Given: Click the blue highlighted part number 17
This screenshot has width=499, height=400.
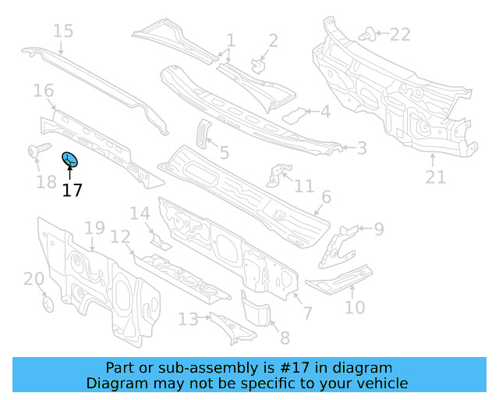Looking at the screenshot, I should (x=70, y=161).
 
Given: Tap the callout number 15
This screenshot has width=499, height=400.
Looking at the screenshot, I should (x=63, y=31).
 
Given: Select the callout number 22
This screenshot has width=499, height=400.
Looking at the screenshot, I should (x=399, y=34).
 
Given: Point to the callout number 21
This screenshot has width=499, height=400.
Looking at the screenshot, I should (x=435, y=177).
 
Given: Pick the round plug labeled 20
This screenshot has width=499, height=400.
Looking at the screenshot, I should (x=47, y=302).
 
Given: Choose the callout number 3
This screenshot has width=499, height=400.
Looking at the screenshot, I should (x=361, y=148).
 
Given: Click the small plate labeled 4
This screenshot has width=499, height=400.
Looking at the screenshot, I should (x=294, y=116).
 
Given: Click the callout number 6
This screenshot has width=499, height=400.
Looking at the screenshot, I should (x=326, y=197).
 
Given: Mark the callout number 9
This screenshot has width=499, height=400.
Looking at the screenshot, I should (x=378, y=229).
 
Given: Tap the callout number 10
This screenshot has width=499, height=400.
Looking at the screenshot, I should (x=354, y=307).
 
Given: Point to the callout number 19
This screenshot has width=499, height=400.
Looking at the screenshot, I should (x=94, y=228).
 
